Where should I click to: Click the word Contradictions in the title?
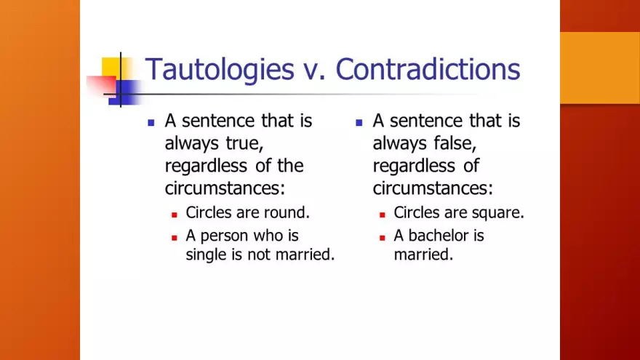[x=428, y=69]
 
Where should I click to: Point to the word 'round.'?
[x=286, y=213]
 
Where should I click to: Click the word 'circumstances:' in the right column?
[x=433, y=188]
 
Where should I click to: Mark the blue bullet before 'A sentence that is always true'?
[x=151, y=123]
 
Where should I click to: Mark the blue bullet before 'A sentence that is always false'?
[x=359, y=123]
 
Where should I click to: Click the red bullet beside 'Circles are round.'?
[x=175, y=215]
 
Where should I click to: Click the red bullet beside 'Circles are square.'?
[x=383, y=215]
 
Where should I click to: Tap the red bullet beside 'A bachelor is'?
[x=383, y=237]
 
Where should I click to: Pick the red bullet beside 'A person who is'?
[x=175, y=237]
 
